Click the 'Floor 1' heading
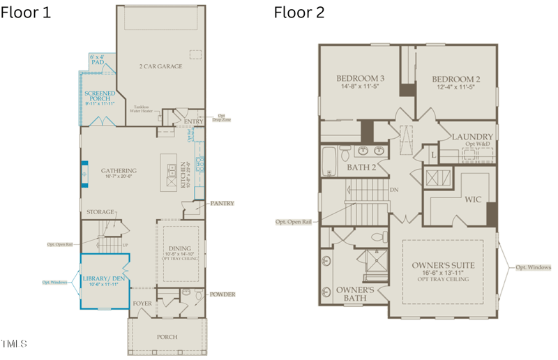(x=26, y=13)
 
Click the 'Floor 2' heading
(x=299, y=13)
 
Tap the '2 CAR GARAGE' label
(x=160, y=66)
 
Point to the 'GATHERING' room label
(x=118, y=170)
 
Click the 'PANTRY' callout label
(x=221, y=204)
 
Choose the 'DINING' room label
(x=180, y=248)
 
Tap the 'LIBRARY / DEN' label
(x=104, y=279)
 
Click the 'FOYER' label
(x=142, y=304)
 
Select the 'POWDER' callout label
(x=222, y=294)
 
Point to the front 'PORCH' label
(x=167, y=337)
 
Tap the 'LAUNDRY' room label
(x=472, y=137)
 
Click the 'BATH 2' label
(x=361, y=167)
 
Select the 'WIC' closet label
(x=473, y=200)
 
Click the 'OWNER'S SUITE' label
(x=443, y=265)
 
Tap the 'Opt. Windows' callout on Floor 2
(x=533, y=267)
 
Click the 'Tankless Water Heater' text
(x=144, y=109)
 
